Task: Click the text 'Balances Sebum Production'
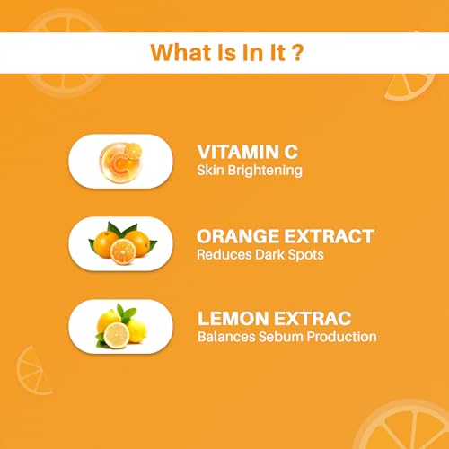click(x=286, y=338)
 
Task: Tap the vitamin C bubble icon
click(x=120, y=161)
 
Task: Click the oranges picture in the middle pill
click(x=120, y=243)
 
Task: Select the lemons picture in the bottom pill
click(x=120, y=327)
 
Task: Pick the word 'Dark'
click(x=256, y=254)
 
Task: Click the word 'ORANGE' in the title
click(x=235, y=237)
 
